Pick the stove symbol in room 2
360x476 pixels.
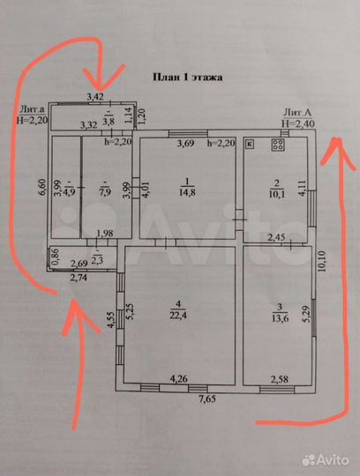[277, 145]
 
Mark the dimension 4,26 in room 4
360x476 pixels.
[181, 379]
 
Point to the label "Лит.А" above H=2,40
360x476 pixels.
[296, 113]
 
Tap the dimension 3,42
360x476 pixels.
[94, 95]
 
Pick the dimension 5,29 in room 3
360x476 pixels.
[306, 310]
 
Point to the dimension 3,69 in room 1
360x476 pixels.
[185, 143]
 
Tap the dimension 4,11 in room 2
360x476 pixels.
[302, 188]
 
